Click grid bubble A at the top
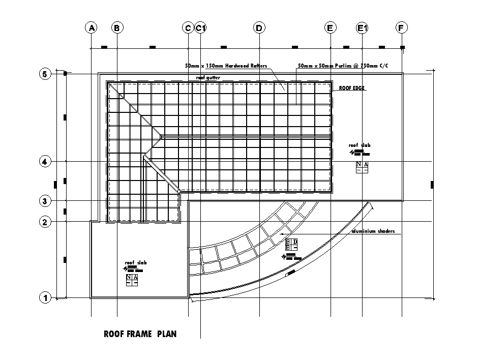pos(91,28)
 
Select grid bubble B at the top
pos(117,28)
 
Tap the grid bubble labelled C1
pos(201,28)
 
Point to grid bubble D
pos(259,28)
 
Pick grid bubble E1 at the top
pos(363,28)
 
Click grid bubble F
pos(402,28)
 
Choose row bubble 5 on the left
pos(45,74)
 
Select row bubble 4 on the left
pos(45,162)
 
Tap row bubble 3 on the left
pos(45,201)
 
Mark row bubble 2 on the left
pos(45,222)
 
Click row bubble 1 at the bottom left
pos(45,298)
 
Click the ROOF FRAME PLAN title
pos(140,335)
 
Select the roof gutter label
pos(208,78)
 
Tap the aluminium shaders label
pos(373,231)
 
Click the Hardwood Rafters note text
pos(226,66)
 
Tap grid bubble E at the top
pos(330,28)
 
